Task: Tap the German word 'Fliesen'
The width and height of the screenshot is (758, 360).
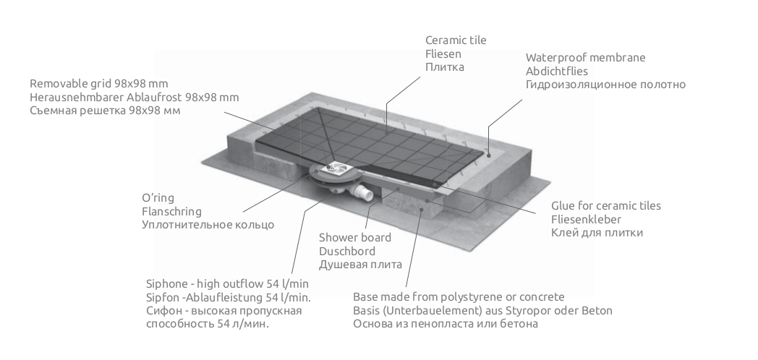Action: pos(443,53)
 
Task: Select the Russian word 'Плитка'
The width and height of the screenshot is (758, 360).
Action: pos(445,67)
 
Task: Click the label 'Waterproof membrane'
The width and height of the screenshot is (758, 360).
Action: pos(585,57)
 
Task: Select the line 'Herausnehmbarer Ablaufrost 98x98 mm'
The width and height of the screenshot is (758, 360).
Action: pos(135,97)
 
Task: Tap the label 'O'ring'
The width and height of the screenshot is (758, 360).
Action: pos(158,197)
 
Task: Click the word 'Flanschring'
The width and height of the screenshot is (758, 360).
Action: pos(171,211)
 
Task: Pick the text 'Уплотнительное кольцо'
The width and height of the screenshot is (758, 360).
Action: pos(208,225)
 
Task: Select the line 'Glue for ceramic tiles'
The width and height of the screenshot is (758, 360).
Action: pos(605,205)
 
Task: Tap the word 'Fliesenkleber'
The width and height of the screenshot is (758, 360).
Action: pos(586,219)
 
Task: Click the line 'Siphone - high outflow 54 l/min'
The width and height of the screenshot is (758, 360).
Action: pos(228,283)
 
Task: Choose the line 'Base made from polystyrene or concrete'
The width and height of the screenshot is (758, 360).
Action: pos(459,297)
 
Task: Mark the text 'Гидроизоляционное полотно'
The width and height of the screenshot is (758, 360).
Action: pos(605,85)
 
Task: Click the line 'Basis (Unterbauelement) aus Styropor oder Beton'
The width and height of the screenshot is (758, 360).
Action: pos(482,311)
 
